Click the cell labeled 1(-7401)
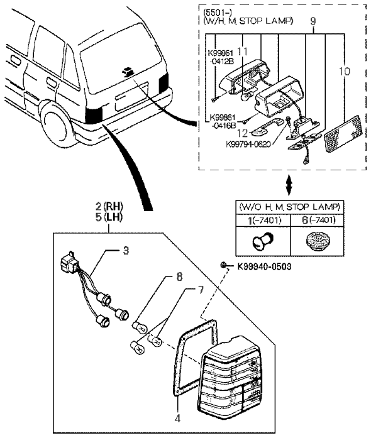coord(259,220)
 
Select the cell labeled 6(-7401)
coord(317,220)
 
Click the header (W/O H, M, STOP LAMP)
coord(289,206)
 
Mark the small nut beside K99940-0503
coord(224,266)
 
